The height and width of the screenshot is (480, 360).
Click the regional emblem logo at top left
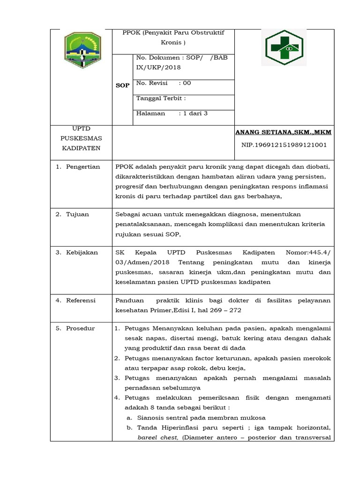point(82,49)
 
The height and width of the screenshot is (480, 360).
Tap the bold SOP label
point(122,85)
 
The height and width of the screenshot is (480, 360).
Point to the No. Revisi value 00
point(187,83)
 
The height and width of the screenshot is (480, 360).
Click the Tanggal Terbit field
point(161,98)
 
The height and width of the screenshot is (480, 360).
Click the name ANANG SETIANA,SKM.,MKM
point(283,133)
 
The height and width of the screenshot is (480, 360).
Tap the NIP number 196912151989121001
point(284,145)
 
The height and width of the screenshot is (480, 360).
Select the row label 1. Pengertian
point(78,167)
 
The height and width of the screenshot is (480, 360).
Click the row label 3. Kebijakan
point(77,252)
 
